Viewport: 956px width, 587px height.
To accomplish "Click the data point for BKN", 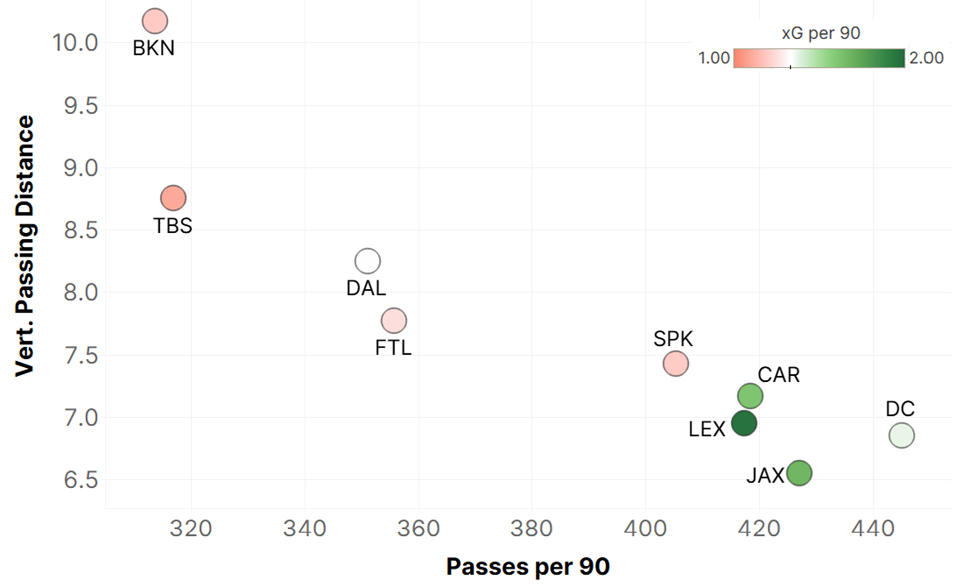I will click(x=155, y=21).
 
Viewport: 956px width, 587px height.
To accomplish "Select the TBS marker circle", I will click(x=173, y=198).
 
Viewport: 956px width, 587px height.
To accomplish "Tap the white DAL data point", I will click(x=368, y=261).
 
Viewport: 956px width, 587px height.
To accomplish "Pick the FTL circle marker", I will click(x=394, y=321).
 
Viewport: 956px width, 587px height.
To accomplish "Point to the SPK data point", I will click(x=676, y=363).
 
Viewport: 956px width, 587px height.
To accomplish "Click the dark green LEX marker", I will click(x=744, y=423).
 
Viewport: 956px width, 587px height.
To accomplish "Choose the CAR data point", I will click(x=750, y=396).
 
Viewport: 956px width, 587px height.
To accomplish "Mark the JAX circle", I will click(x=800, y=473).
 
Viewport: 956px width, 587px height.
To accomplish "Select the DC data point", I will click(x=902, y=435).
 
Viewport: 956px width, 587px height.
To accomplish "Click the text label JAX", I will click(x=765, y=476).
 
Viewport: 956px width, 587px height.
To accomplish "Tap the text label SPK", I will click(x=673, y=339).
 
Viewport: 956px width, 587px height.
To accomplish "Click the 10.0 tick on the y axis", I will click(x=75, y=43).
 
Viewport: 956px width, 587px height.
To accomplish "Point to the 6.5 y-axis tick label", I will click(x=81, y=480).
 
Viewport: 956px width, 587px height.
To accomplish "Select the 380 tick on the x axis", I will click(x=531, y=528).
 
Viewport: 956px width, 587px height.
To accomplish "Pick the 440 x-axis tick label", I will click(x=873, y=528).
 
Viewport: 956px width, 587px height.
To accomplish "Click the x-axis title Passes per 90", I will click(x=528, y=567).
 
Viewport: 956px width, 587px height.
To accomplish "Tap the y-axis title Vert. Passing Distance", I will click(x=25, y=246).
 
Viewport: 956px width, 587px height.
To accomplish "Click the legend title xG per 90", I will click(x=821, y=33).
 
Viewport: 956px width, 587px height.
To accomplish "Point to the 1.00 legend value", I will click(x=714, y=58).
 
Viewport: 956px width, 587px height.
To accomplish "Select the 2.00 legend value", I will click(x=926, y=58).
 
